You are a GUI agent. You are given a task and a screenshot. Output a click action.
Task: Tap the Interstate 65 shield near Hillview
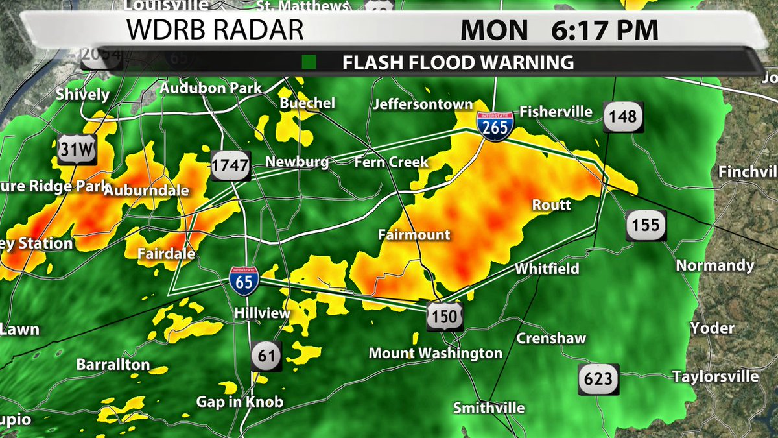pos(244,280)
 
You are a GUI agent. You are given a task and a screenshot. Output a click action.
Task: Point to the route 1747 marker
pos(230,166)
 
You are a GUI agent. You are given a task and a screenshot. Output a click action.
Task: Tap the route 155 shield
pos(646,225)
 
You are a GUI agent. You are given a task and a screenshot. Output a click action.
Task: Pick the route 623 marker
pos(598,379)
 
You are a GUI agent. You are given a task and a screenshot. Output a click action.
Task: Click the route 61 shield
pos(266,356)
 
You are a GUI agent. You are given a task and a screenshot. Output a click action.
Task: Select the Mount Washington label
pos(435,354)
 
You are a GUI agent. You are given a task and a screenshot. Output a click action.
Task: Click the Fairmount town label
pos(414,235)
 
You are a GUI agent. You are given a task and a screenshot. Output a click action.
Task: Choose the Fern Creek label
pos(391,162)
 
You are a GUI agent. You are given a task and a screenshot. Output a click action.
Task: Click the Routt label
pos(551,205)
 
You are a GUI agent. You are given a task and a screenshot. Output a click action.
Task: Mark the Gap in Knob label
pos(240,402)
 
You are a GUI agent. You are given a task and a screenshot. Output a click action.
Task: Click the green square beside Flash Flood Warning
pos(309,63)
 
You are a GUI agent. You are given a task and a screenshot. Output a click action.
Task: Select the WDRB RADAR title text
pos(214,30)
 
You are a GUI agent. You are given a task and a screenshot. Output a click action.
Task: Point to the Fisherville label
pos(556,112)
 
